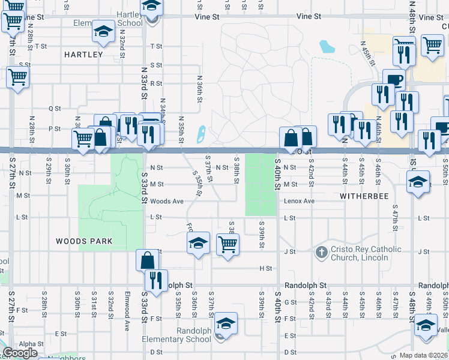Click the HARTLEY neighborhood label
[83, 55]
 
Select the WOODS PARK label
[84, 241]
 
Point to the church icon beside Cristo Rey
[321, 252]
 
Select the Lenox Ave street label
[299, 201]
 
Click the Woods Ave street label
[167, 201]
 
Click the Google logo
[20, 353]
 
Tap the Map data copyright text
[424, 355]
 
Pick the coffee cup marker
[394, 80]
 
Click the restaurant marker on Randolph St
[156, 280]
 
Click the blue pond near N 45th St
[327, 46]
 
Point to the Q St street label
[55, 109]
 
